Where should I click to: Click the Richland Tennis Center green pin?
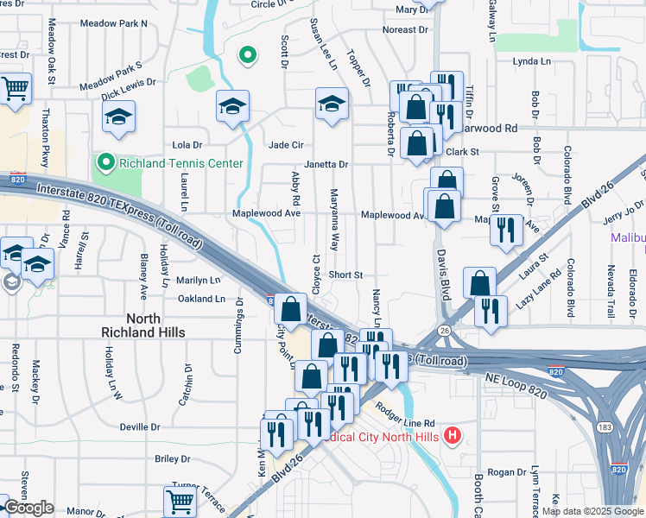point(105,162)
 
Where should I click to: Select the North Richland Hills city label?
point(143,325)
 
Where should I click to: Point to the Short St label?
point(345,275)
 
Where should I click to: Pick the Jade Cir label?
point(286,145)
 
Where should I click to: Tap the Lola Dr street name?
point(187,145)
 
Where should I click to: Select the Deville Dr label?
point(140,426)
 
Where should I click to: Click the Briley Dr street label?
point(172,459)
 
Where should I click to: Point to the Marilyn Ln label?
point(199,281)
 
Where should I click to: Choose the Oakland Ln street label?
point(201,299)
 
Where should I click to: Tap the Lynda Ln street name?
point(531,61)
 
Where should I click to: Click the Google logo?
point(28,509)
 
